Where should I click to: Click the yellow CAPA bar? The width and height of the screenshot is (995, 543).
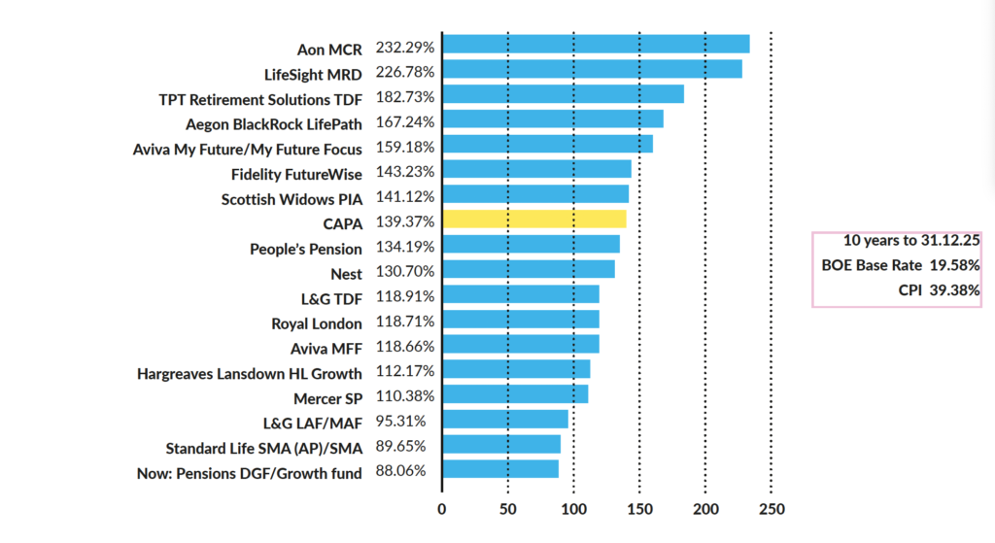coord(533,220)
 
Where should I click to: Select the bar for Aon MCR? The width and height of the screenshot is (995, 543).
coord(596,45)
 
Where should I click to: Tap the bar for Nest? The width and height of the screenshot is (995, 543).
coord(529,269)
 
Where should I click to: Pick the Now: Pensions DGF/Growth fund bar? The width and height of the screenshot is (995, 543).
coord(500,469)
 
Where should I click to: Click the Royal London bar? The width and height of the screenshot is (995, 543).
coord(521,320)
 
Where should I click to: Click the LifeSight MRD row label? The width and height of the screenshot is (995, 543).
coord(313,74)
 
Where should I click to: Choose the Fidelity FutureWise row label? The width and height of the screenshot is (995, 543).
coord(296,174)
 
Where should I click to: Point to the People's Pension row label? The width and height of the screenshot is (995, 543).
coord(306,250)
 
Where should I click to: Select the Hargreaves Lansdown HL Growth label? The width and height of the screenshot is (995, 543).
coord(250,374)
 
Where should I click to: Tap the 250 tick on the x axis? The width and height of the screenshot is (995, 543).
coord(771,508)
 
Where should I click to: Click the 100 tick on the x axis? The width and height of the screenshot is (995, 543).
coord(573,508)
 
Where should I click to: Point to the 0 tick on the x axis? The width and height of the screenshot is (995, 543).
coord(442,508)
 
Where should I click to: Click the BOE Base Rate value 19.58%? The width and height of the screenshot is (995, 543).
coord(952,264)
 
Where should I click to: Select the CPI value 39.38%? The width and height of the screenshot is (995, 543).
coord(952,288)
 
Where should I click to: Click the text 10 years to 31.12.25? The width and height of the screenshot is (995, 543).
coord(898,240)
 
